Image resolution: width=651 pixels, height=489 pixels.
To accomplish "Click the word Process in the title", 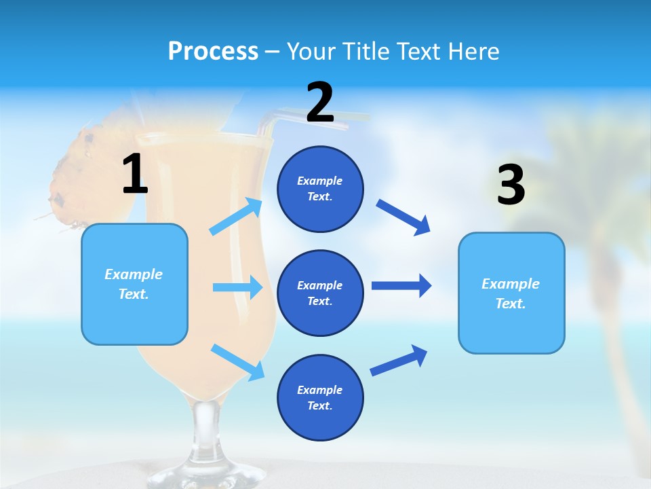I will (x=213, y=52).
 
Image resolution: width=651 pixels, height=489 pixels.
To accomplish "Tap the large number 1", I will (x=135, y=174).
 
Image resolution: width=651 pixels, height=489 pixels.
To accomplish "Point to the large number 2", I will (x=320, y=103).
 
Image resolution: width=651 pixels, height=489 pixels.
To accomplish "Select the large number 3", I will (x=511, y=185).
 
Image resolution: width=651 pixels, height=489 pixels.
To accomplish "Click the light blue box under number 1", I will (x=134, y=284).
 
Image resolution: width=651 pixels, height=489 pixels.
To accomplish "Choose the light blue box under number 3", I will (x=511, y=293).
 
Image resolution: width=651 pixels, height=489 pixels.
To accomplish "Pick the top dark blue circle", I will (x=320, y=189).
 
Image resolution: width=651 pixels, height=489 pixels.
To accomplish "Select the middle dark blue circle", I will (x=320, y=293).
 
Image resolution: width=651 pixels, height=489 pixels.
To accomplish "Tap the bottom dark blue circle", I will (x=320, y=397).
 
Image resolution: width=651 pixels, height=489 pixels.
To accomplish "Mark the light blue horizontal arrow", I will (x=237, y=287).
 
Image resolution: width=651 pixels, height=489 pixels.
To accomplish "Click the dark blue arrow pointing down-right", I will (x=403, y=217).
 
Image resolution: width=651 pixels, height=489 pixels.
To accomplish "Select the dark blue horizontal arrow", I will (x=401, y=285).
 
